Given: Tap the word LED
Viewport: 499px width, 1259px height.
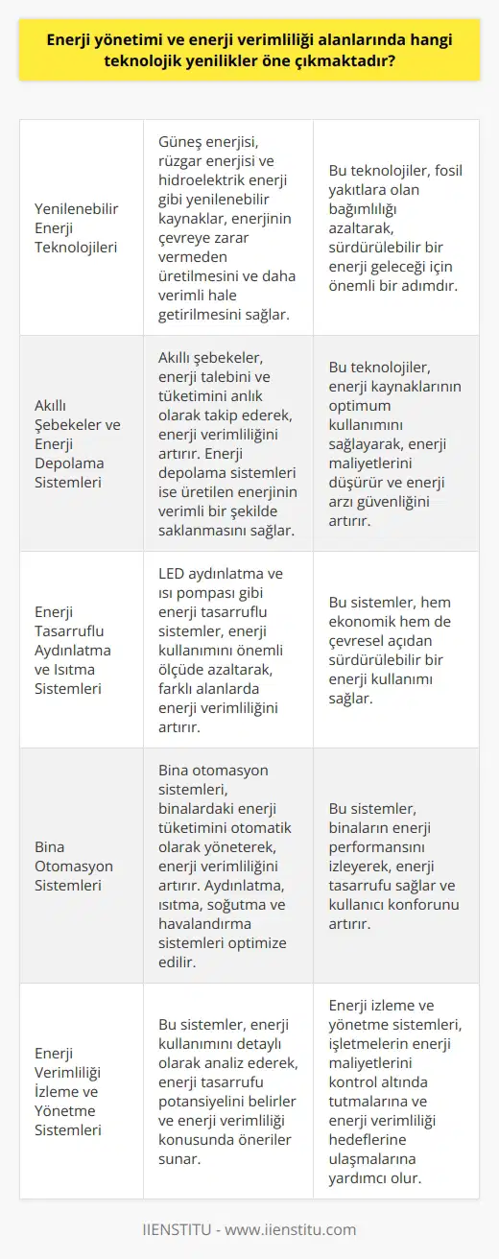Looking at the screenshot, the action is [173, 574].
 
